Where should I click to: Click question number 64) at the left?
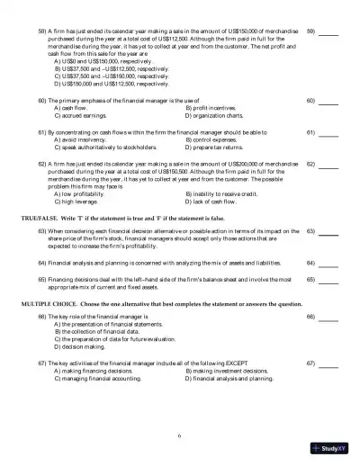(42, 263)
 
